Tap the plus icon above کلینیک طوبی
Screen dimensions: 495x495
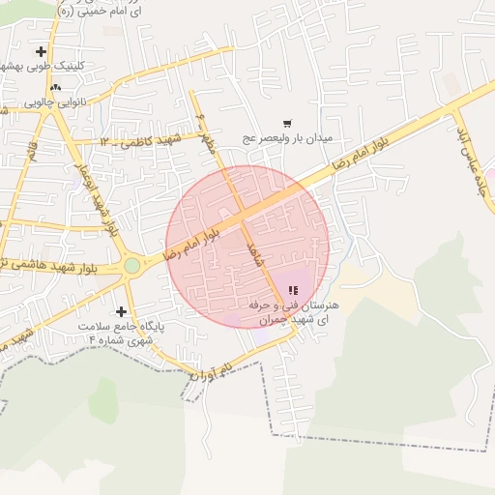coord(41,51)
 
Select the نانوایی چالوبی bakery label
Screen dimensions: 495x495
coord(55,101)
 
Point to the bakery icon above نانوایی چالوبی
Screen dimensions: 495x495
coord(55,87)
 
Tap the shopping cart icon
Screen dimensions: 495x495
coord(287,123)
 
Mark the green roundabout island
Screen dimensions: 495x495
coord(131,265)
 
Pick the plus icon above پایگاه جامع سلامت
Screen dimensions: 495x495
coord(121,311)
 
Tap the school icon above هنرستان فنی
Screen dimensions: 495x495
coord(293,290)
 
